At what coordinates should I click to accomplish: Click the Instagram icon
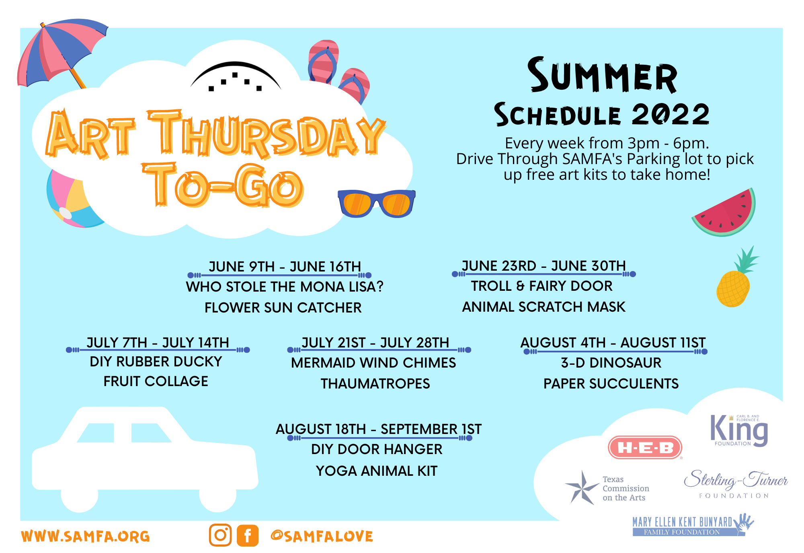220,535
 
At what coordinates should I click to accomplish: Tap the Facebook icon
248,535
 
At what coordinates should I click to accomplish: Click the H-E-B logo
645,447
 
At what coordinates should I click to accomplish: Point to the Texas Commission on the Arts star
582,487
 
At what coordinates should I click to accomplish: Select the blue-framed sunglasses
376,204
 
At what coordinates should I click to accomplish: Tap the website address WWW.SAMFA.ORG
85,536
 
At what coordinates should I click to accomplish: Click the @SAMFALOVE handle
322,536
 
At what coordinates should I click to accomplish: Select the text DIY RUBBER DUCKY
156,362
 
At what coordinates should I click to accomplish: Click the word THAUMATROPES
375,384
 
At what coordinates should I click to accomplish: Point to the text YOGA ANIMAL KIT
377,471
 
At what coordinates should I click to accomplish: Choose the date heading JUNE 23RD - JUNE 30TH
544,266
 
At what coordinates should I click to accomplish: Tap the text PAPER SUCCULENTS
611,384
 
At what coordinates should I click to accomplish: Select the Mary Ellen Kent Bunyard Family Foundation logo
692,525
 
